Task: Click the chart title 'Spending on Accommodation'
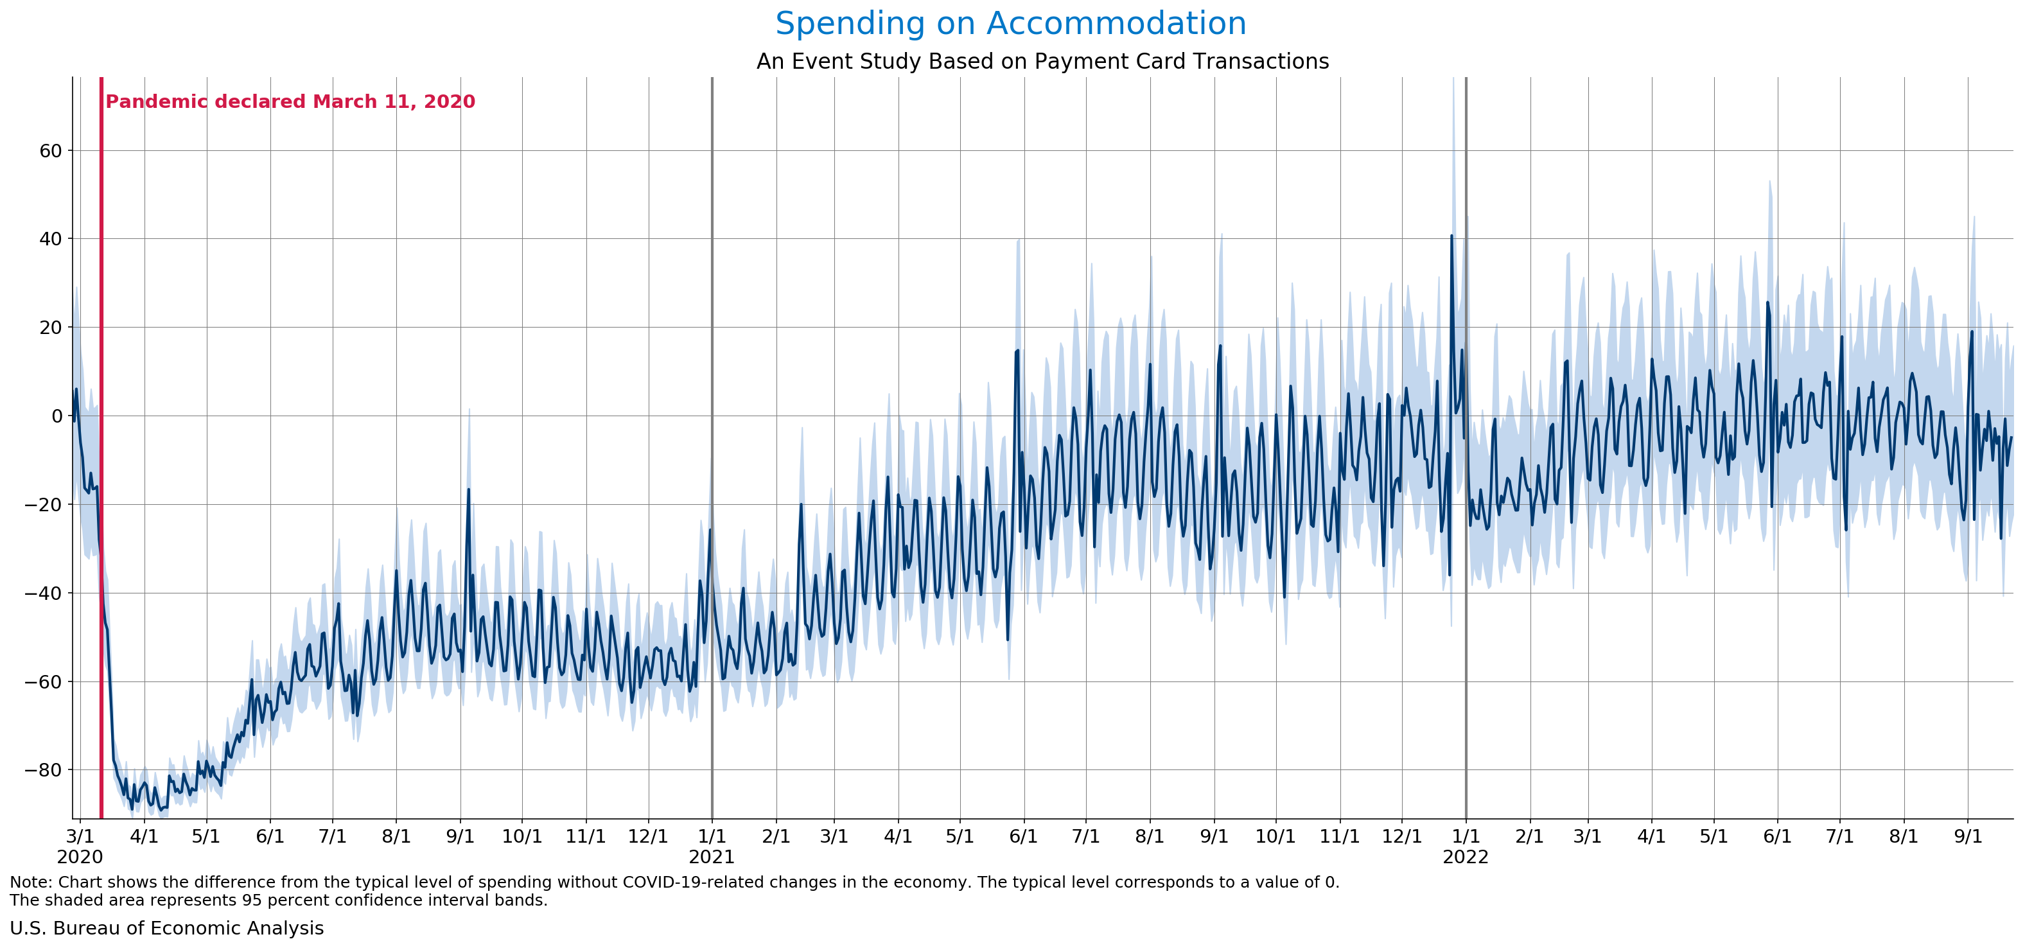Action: (x=1011, y=24)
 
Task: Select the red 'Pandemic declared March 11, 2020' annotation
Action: (x=290, y=101)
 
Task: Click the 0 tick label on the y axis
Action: (x=57, y=416)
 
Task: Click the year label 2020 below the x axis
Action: (x=80, y=857)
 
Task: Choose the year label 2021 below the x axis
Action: (x=712, y=857)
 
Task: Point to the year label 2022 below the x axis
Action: (x=1466, y=857)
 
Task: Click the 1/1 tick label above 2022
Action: (x=1466, y=836)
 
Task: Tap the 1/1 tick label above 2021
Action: (x=712, y=836)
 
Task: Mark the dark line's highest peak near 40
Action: (x=1452, y=235)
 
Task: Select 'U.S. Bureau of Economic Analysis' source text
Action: (x=166, y=928)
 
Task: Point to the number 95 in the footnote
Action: (x=252, y=900)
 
